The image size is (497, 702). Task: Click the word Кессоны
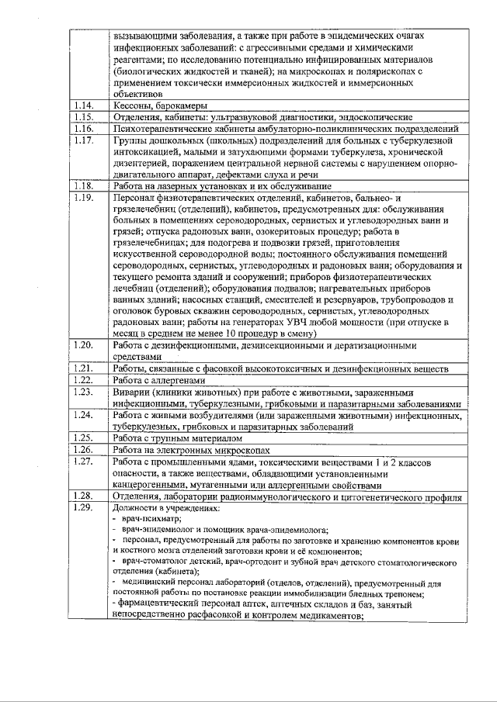tap(134, 105)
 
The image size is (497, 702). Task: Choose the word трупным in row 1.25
tap(176, 438)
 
